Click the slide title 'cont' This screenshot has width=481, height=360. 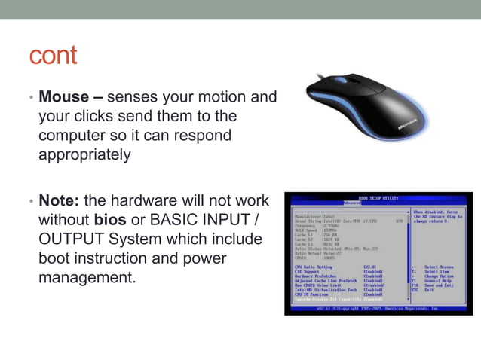tap(53, 56)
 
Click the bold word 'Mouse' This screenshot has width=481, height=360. tap(64, 98)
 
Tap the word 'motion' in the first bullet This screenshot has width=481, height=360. tap(222, 98)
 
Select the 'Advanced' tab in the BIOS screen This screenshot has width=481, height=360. tap(352, 203)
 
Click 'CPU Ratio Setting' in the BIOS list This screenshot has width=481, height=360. tap(314, 267)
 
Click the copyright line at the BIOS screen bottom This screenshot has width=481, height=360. tap(377, 308)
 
